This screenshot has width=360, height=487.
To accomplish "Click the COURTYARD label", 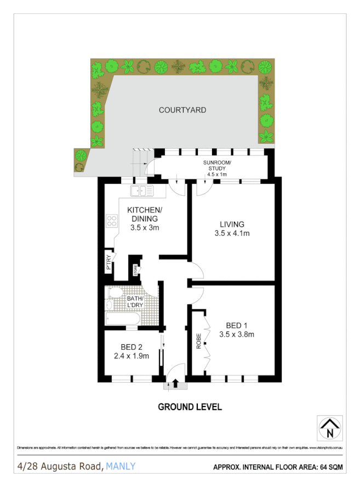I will click(182, 110).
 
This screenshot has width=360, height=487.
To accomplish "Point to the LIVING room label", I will click(232, 224).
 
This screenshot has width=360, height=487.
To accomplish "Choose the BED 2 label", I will click(132, 347).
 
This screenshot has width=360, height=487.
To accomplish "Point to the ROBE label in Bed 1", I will click(199, 341).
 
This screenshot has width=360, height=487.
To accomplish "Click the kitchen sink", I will click(141, 191).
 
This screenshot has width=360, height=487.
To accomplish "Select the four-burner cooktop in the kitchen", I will click(112, 222).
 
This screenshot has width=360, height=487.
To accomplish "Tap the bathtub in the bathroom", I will click(122, 319).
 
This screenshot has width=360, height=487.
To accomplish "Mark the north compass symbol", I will click(330, 428).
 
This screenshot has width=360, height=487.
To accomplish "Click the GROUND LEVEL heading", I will click(190, 407).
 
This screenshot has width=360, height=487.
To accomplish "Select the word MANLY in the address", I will click(121, 467).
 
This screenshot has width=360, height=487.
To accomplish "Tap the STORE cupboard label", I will click(134, 270).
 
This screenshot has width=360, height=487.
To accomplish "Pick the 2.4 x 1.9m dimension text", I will click(132, 356).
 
